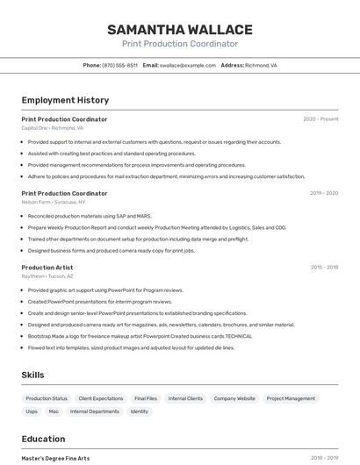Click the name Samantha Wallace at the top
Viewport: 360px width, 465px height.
tap(180, 30)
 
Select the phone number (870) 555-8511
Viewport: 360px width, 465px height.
tap(119, 65)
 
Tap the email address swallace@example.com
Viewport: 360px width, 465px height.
tap(188, 65)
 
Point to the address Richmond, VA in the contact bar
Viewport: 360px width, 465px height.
tap(261, 65)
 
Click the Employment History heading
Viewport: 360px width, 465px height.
tap(65, 100)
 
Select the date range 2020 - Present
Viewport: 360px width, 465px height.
tap(320, 119)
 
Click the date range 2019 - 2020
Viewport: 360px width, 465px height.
tap(323, 193)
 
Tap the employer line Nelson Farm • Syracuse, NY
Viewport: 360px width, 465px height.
tap(54, 202)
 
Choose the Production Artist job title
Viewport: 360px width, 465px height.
tap(47, 268)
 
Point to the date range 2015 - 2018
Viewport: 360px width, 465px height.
tap(324, 268)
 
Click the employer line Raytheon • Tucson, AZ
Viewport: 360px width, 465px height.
tap(47, 276)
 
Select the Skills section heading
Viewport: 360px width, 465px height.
tap(34, 375)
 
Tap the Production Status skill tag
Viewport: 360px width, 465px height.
tap(47, 398)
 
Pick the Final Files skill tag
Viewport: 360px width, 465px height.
tap(146, 398)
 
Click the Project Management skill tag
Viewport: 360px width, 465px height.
tap(291, 398)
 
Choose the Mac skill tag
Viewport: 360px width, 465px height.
tap(54, 411)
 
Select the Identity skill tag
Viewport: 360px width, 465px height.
tap(140, 411)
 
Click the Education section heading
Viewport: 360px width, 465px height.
tap(43, 439)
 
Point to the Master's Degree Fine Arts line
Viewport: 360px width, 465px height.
tap(55, 458)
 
